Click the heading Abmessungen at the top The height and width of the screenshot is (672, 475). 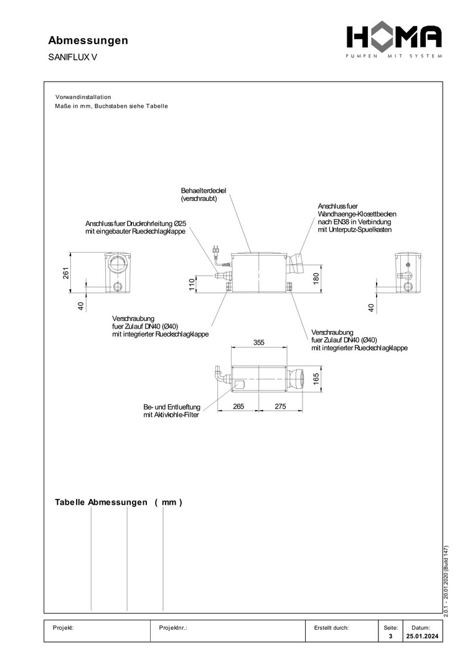[x=88, y=40]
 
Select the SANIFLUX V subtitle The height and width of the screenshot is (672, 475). [x=72, y=57]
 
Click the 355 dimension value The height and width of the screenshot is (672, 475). [x=259, y=342]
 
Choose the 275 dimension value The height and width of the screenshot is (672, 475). [x=280, y=406]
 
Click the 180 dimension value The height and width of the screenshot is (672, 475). [x=316, y=278]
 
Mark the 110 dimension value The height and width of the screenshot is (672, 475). [x=192, y=284]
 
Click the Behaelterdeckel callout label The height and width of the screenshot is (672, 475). [x=204, y=194]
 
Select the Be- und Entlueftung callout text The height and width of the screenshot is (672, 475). [x=172, y=411]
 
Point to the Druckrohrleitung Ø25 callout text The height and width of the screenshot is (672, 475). [x=136, y=227]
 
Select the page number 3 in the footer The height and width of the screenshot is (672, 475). [x=390, y=637]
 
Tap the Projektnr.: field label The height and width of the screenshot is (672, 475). [x=174, y=628]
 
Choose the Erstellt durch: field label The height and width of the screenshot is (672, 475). [x=332, y=628]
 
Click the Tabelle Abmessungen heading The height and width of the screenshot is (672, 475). [x=118, y=502]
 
